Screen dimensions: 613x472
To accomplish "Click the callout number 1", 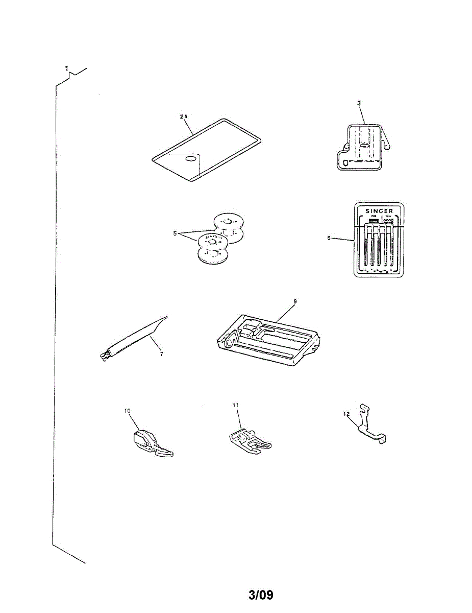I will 66,68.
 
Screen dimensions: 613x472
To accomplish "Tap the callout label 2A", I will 184,117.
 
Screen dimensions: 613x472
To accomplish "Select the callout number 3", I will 359,103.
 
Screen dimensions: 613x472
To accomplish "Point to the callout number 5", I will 175,234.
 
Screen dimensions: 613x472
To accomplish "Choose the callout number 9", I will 294,301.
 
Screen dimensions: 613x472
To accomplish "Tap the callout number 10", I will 128,410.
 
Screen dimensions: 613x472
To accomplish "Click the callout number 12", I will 346,415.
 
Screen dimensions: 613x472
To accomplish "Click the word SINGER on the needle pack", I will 378,210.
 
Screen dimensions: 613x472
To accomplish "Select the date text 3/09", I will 261,595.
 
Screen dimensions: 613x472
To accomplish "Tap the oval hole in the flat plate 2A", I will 190,159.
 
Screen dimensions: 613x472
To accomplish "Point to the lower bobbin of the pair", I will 213,248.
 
